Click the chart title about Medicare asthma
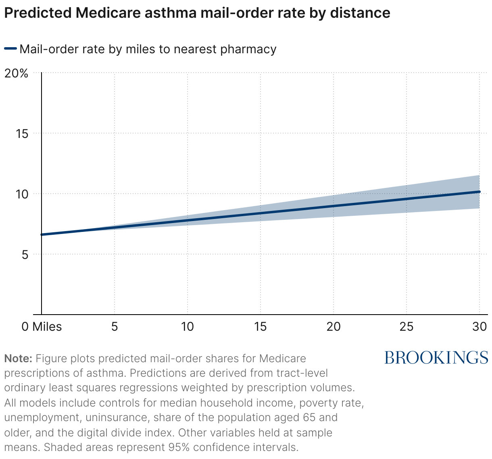tap(197, 13)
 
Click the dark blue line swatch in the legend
tap(10, 49)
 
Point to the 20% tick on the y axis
tap(16, 73)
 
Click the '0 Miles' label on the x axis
tap(42, 326)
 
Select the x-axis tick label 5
tap(115, 326)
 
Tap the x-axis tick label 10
tap(188, 326)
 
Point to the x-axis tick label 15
tap(261, 326)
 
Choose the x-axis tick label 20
tap(334, 326)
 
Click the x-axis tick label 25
tap(407, 326)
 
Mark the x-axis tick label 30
tap(479, 326)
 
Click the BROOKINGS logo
tap(436, 357)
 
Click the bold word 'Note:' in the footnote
tap(18, 358)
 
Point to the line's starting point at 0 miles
tap(42, 234)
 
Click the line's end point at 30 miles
tap(479, 192)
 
